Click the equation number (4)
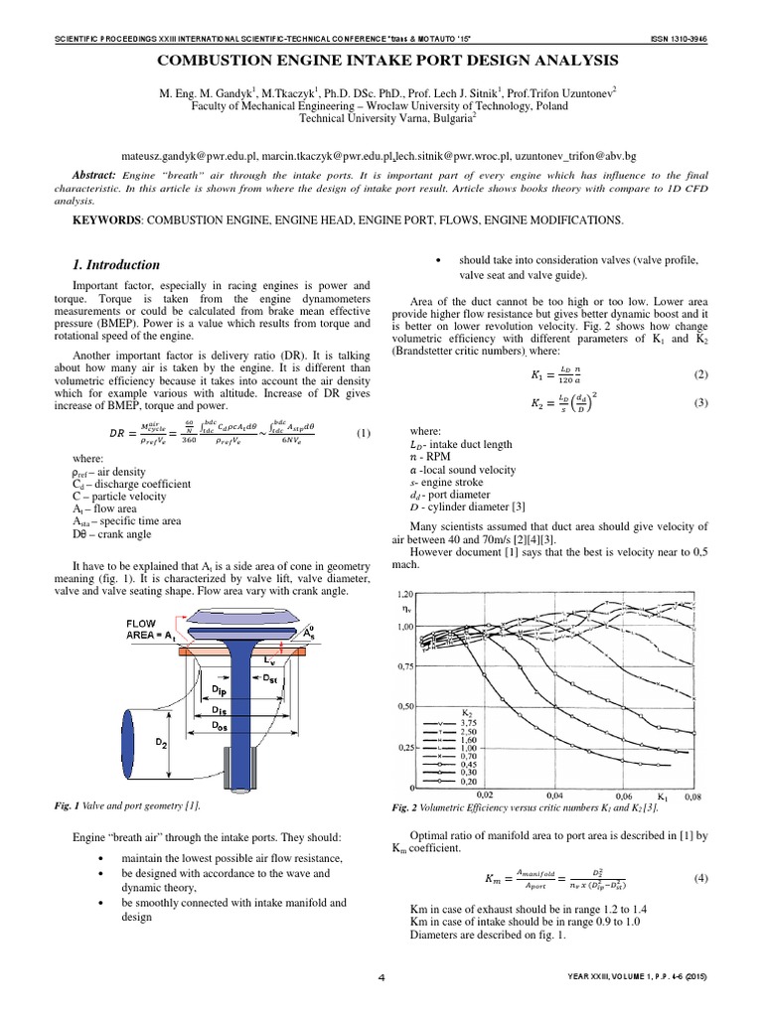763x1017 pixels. point(700,879)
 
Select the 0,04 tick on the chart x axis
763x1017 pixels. point(555,796)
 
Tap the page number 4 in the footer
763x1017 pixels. point(381,978)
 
